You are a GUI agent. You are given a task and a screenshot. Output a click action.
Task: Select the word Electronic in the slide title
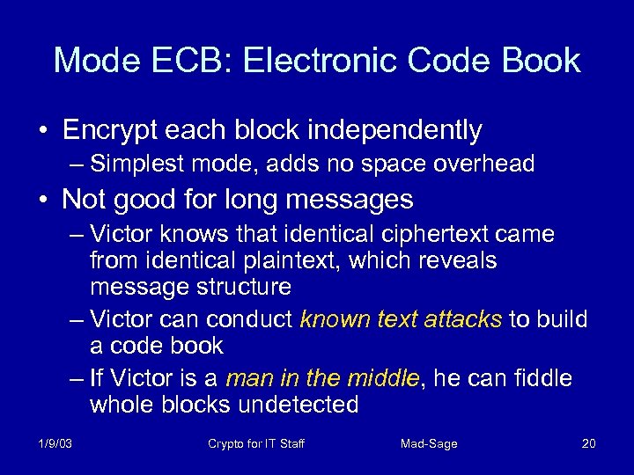[x=308, y=61]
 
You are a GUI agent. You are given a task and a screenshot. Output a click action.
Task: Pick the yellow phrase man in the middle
[x=323, y=378]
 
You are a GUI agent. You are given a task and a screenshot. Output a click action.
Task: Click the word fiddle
[x=539, y=378]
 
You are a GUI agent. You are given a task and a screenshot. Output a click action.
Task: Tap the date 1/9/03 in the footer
[x=55, y=443]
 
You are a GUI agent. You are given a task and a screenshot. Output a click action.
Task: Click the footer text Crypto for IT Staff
[x=256, y=443]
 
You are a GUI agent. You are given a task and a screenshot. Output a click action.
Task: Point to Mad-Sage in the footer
[x=429, y=443]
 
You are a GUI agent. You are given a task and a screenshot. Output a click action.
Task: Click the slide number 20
[x=588, y=443]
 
